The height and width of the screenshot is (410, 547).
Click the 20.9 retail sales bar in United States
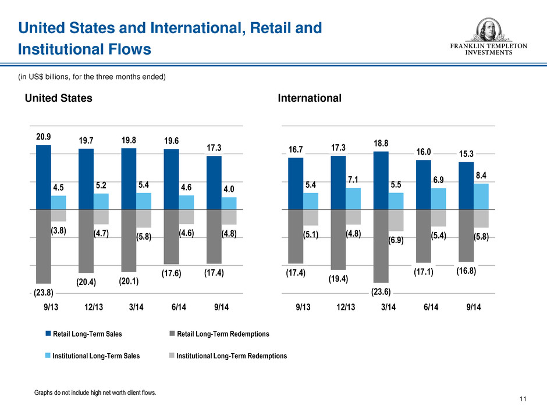click(44, 177)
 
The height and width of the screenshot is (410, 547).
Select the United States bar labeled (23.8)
click(44, 245)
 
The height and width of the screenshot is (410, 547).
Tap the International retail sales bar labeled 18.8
click(381, 180)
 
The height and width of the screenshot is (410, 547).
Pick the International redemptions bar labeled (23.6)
click(381, 245)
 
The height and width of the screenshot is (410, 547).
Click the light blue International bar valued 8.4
click(481, 197)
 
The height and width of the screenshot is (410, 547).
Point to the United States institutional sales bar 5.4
click(144, 201)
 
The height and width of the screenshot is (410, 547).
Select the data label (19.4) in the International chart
click(338, 279)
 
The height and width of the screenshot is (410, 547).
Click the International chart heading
click(310, 98)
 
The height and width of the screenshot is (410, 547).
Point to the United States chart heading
click(58, 98)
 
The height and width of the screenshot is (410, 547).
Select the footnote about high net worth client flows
click(96, 393)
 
